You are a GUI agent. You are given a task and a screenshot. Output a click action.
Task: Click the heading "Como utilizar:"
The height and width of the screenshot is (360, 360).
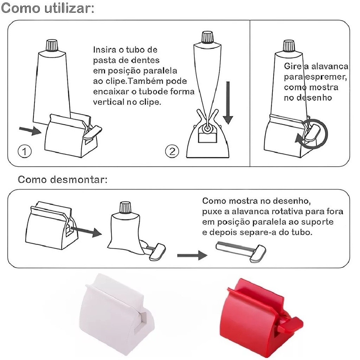pos(47,8)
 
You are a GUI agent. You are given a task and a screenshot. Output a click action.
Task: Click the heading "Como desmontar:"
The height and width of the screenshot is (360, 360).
pos(63,179)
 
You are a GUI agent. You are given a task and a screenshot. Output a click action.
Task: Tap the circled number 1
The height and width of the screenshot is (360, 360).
pos(24,151)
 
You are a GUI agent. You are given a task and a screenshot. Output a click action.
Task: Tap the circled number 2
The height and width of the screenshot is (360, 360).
pos(172,151)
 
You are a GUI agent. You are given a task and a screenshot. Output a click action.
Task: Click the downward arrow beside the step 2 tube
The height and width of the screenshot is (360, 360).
pos(228,103)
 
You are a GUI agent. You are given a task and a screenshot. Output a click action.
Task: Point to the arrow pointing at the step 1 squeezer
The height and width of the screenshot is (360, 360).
pos(30,130)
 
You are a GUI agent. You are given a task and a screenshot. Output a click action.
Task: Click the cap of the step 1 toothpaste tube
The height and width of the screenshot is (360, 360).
pos(52,45)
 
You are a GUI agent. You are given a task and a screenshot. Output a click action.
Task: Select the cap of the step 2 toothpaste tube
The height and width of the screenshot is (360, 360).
pos(207,37)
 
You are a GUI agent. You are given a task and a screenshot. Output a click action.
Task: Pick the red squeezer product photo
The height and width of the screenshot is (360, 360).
pos(261,317)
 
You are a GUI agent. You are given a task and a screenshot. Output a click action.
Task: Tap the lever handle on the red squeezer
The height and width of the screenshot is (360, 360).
pos(290,325)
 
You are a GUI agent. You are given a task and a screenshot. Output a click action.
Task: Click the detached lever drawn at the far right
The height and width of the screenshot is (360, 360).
pos(241,251)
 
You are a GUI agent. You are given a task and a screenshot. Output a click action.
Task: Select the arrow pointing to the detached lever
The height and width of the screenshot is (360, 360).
pos(192,255)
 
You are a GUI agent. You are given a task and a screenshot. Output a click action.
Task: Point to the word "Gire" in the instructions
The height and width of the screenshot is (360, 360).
pos(293,66)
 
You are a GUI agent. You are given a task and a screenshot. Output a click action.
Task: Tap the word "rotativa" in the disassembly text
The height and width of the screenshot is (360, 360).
pos(287,211)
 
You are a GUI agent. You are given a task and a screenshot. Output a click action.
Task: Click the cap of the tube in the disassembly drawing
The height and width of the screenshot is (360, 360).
pos(125,208)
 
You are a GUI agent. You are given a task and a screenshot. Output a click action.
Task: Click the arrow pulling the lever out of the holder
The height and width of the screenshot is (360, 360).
pos(86,231)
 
